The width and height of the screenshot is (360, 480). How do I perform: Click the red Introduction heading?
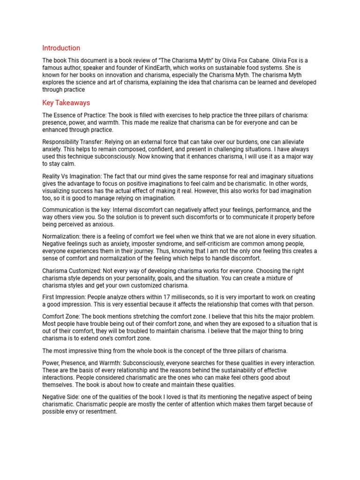point(61,48)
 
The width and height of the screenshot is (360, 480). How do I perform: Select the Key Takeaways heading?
point(66,103)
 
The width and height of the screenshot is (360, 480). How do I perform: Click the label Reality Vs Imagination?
point(72,175)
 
